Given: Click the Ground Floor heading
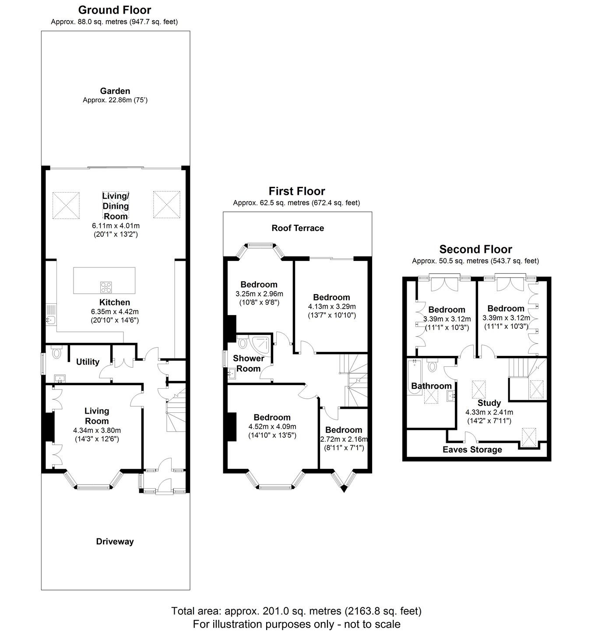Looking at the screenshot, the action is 114,10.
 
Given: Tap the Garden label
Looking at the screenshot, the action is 115,91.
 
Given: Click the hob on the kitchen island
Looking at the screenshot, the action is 106,287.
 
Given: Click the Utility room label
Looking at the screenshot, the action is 88,362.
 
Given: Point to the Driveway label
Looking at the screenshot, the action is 115,541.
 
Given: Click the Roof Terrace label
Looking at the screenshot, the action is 298,228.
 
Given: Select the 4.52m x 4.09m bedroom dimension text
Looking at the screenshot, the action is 272,427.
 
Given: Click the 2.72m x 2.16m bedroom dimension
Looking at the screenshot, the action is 344,439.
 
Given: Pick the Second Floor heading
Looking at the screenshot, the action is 475,249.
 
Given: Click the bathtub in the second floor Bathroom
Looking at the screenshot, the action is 414,376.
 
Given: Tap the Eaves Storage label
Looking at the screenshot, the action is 472,450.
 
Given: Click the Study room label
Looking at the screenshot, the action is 489,403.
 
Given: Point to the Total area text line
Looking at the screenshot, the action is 296,611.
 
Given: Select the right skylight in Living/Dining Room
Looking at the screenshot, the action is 166,204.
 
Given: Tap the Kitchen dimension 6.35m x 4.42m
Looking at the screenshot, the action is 115,311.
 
